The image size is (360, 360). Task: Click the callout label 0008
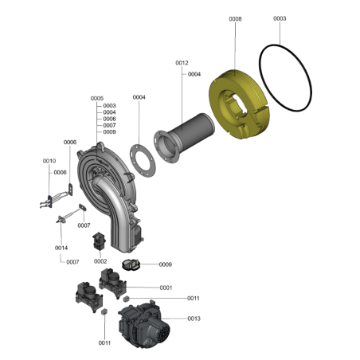point(235,19)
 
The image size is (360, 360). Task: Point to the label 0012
point(182,63)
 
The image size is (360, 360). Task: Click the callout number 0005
point(97,99)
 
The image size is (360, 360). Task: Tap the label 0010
point(49,161)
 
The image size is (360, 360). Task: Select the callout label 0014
point(61,248)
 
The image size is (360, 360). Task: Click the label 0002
point(100,261)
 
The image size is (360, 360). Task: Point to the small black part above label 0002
point(99,241)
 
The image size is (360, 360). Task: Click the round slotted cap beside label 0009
point(130,265)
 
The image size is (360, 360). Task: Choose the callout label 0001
point(166,288)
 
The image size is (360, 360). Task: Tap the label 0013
point(194,319)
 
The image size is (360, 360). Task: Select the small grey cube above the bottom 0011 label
point(104,311)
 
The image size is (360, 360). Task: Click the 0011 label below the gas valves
point(104,343)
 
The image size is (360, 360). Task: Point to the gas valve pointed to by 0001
point(112,283)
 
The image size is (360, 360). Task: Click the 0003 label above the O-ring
point(280,18)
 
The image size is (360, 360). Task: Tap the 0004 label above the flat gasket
point(139,97)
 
